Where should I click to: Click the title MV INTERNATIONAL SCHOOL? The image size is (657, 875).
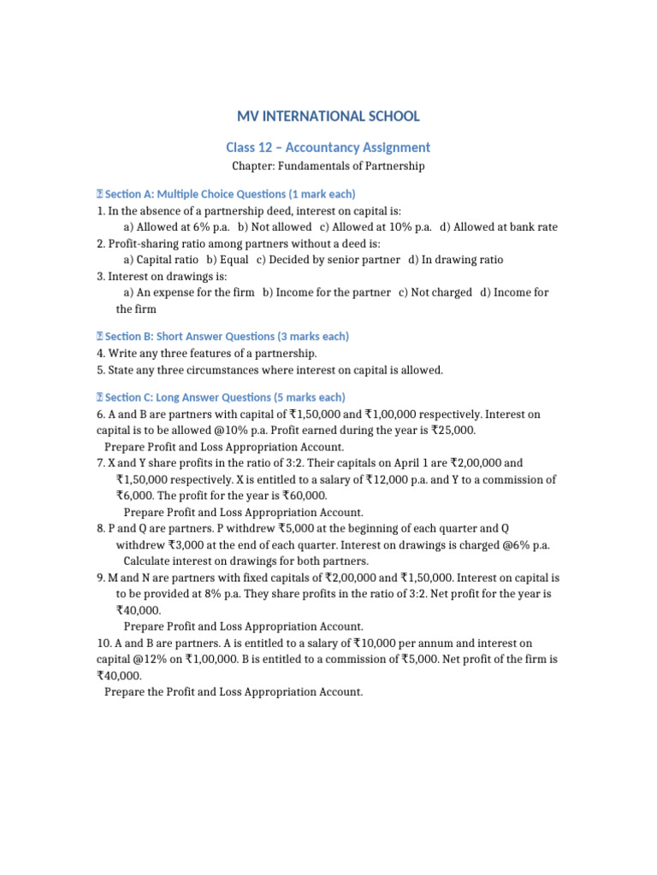(x=328, y=115)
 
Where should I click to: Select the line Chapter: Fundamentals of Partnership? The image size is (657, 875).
(x=328, y=166)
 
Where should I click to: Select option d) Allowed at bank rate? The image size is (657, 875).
(x=499, y=226)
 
